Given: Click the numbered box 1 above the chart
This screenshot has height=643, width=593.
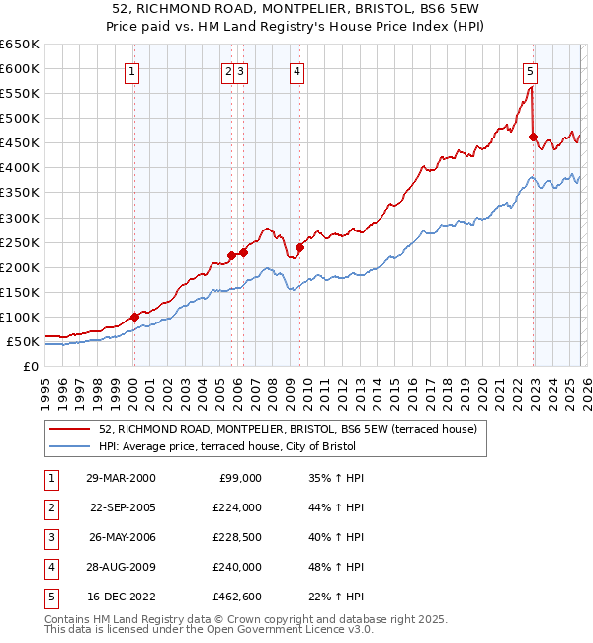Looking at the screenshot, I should point(132,70).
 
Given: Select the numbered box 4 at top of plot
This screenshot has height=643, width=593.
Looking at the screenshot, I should point(296,70).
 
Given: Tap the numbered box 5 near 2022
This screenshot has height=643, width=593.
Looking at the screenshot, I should point(531,70).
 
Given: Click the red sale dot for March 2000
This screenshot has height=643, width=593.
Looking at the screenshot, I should point(134,317).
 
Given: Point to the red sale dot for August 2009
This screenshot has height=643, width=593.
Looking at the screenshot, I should point(299,247).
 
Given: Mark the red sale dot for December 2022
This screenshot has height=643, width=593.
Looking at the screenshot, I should point(533,137).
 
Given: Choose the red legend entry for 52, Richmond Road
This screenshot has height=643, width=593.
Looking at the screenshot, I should point(288,429).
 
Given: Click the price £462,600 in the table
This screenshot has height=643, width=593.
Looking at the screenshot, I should point(237,597).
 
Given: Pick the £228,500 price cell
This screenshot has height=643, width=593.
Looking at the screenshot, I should point(237,537).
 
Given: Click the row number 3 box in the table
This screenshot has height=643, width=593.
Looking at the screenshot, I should point(49,537).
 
